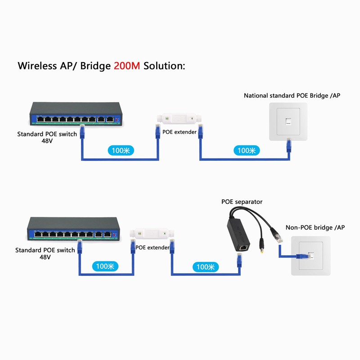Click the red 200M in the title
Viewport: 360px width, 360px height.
point(127,66)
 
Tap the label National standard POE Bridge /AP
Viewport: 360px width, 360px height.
point(292,95)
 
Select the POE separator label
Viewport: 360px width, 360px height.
point(242,202)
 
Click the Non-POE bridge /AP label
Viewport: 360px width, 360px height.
point(315,228)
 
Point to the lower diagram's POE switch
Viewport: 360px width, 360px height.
point(72,228)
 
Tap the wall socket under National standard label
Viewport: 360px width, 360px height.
point(288,122)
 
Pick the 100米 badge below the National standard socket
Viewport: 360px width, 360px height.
point(246,150)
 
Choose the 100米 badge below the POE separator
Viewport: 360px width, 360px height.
point(205,266)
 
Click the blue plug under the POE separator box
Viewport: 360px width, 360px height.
point(239,258)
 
